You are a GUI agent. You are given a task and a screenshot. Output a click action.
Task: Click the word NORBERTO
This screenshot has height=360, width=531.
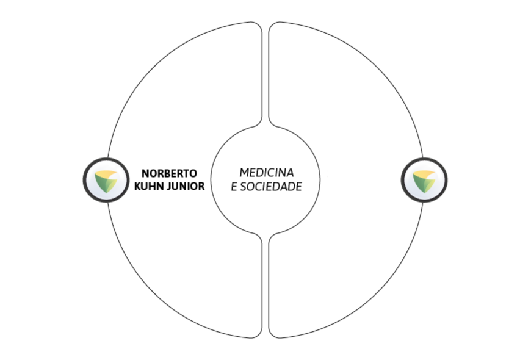[x=169, y=173]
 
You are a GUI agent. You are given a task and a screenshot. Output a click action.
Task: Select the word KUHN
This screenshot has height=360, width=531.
[x=146, y=186]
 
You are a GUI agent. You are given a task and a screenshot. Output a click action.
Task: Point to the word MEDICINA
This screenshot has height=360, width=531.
[x=267, y=173]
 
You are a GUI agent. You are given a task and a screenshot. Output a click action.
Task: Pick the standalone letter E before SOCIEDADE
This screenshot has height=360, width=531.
[x=234, y=187]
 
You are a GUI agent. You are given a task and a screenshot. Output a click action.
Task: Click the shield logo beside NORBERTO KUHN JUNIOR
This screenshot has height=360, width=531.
[x=106, y=180]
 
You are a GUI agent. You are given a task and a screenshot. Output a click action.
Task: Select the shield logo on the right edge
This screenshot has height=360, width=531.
[x=424, y=180]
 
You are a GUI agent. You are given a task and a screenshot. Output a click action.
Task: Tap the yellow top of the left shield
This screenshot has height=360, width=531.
[x=106, y=174]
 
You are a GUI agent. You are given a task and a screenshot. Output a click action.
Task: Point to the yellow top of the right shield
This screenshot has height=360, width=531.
[x=424, y=174]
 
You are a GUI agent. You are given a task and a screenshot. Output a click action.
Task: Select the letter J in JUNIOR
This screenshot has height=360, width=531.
[x=164, y=186]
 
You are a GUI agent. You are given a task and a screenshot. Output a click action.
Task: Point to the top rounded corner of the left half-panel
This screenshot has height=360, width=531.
[x=258, y=26]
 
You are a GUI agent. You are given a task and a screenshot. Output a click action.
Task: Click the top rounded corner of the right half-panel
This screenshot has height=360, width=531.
[x=273, y=26]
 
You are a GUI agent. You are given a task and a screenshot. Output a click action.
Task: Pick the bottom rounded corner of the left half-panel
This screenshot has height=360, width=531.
[x=258, y=334]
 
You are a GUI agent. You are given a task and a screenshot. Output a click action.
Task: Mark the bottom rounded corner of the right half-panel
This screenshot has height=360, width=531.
[x=273, y=334]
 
